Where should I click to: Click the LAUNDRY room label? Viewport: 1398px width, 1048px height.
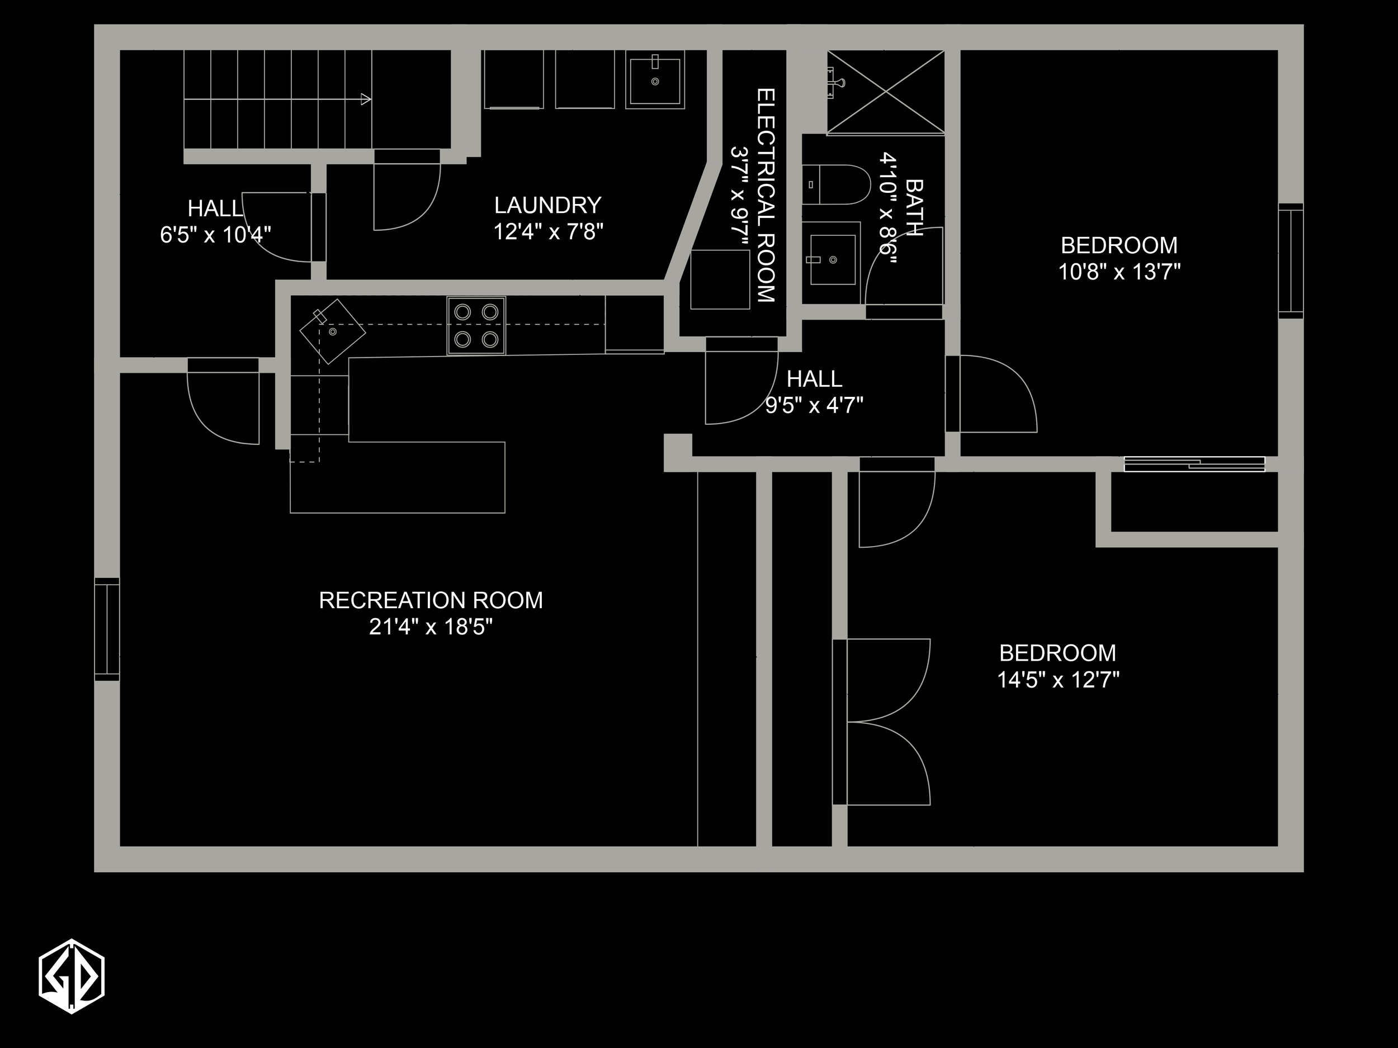547,205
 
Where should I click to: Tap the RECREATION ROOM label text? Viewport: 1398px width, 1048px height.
431,600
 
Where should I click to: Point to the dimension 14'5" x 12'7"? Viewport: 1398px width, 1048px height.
1058,680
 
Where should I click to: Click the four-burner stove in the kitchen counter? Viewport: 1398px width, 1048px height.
476,326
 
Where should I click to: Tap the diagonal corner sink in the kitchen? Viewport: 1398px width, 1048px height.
332,331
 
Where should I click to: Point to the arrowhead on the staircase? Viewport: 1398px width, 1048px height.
365,99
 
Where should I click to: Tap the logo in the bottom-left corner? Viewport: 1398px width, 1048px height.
72,976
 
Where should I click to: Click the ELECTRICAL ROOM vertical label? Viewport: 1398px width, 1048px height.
766,195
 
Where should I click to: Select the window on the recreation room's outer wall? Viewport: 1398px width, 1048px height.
107,629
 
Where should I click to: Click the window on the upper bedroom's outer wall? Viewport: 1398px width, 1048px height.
1291,261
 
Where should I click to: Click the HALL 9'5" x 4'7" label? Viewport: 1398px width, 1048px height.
814,392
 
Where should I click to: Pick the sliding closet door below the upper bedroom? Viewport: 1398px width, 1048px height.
1194,464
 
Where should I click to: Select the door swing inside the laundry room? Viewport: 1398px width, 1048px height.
405,193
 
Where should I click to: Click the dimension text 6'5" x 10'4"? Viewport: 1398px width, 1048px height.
215,235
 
